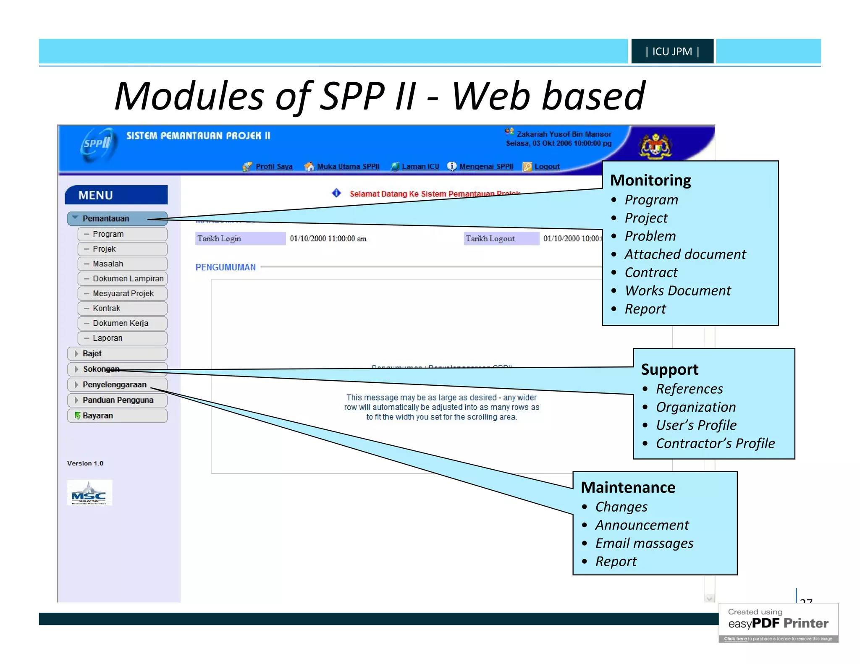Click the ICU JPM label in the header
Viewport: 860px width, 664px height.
click(x=672, y=51)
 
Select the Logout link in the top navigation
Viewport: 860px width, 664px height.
click(x=546, y=167)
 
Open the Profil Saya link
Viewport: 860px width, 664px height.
click(x=273, y=167)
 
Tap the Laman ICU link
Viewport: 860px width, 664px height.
click(x=420, y=167)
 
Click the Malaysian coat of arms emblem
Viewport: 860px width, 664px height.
click(x=655, y=146)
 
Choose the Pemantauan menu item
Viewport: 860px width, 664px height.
click(x=106, y=219)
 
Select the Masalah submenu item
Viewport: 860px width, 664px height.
click(x=108, y=264)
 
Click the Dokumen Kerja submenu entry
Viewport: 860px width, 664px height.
click(x=121, y=323)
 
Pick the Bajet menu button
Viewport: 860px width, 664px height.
click(x=92, y=354)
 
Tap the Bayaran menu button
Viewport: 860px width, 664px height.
click(x=98, y=416)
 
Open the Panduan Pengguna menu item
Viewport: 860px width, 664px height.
click(x=118, y=400)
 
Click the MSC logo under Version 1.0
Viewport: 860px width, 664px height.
click(x=89, y=493)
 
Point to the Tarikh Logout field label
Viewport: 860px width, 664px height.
click(x=490, y=239)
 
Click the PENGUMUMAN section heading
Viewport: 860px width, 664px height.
click(x=225, y=268)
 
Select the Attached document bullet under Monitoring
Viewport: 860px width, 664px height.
click(x=685, y=254)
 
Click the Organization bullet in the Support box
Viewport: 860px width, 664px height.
click(x=695, y=407)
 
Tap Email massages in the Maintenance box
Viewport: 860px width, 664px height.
click(x=644, y=544)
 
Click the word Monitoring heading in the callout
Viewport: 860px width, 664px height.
click(x=650, y=180)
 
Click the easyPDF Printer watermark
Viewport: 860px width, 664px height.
click(x=778, y=622)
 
